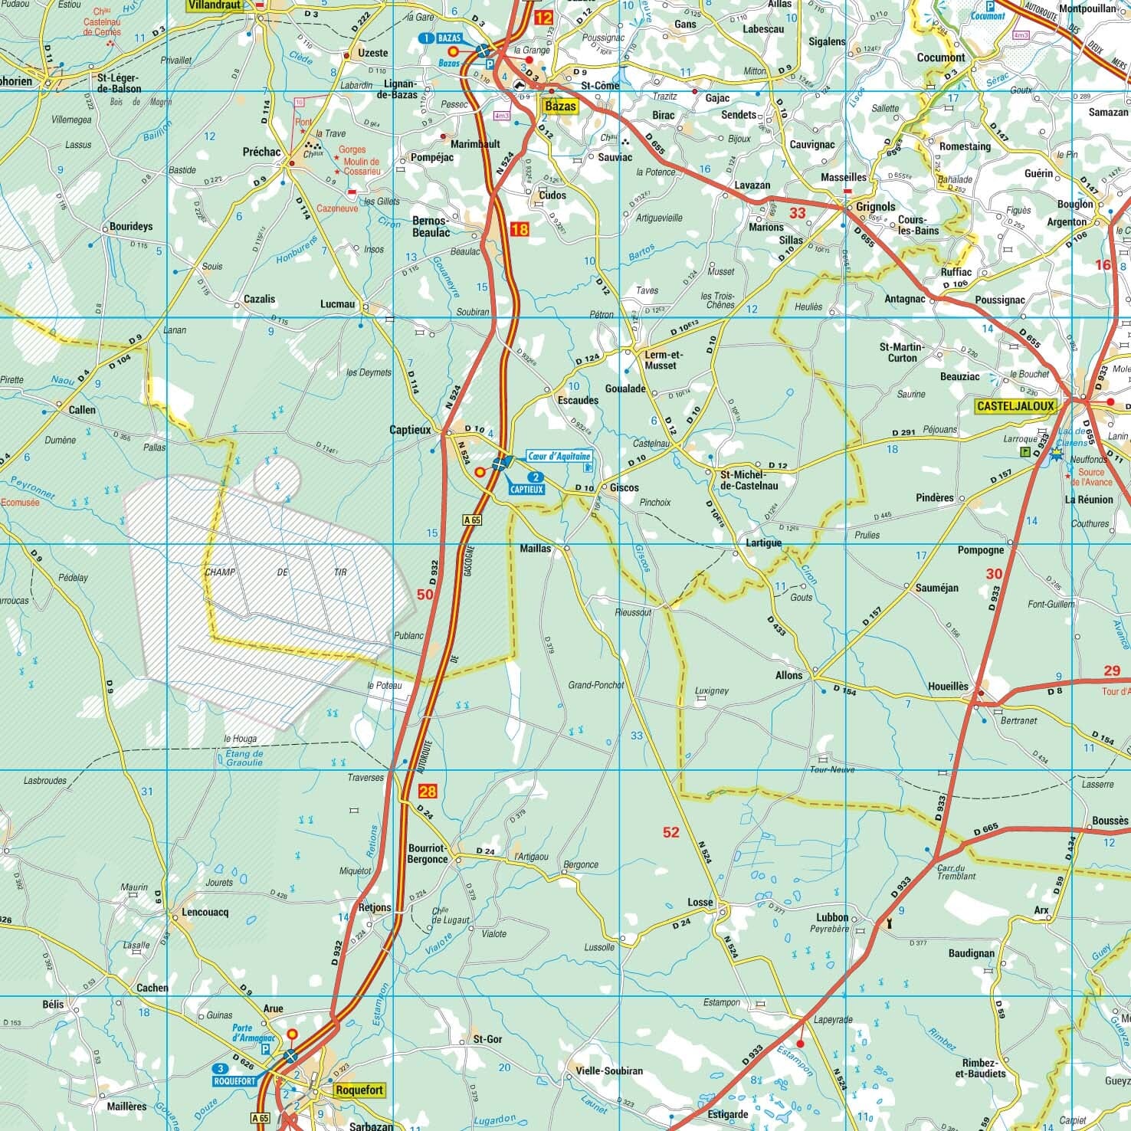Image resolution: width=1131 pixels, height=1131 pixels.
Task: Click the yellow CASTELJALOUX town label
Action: point(1015,406)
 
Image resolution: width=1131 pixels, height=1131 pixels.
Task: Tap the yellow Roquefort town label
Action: point(359,1090)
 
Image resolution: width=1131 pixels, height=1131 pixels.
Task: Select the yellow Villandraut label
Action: point(214,5)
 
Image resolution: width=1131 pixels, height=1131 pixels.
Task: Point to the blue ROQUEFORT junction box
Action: point(234,1074)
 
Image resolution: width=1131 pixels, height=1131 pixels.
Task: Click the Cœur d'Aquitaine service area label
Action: point(559,457)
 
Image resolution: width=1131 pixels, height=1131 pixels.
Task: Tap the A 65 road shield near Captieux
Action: point(473,520)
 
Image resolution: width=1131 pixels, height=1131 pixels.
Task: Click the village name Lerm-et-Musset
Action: point(661,360)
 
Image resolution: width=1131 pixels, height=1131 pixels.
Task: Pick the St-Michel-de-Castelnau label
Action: point(749,480)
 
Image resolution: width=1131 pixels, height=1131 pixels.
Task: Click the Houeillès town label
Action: point(948,687)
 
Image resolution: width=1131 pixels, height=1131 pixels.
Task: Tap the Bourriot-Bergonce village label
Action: point(428,854)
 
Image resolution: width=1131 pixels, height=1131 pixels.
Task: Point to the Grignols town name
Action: point(876,207)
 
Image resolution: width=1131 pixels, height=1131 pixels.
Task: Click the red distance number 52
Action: point(670,832)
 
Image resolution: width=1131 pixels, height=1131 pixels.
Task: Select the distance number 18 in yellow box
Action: point(519,229)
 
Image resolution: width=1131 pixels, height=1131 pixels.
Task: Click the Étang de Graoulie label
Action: point(239,758)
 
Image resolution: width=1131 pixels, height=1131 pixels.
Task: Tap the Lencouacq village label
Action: point(205,913)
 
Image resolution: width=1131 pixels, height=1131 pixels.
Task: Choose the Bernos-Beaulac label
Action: point(431,226)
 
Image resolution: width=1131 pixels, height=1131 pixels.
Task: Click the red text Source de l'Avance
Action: point(1095,477)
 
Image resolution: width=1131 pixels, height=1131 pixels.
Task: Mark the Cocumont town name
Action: point(941,57)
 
